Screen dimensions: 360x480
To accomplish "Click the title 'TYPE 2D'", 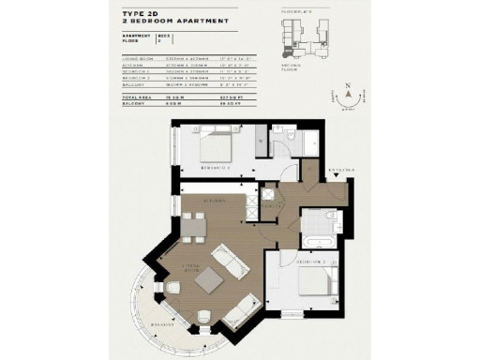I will click(141, 16).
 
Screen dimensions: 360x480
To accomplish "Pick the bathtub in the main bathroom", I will click(314, 241).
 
